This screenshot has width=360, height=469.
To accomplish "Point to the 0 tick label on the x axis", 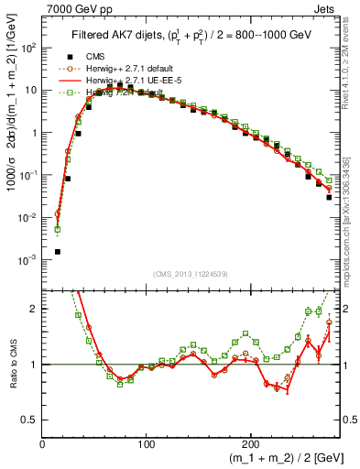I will pyautogui.click(x=43, y=443).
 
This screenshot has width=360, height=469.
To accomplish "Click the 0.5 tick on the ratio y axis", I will pyautogui.click(x=30, y=420).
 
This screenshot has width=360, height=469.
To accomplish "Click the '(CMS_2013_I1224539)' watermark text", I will pyautogui.click(x=190, y=274).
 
